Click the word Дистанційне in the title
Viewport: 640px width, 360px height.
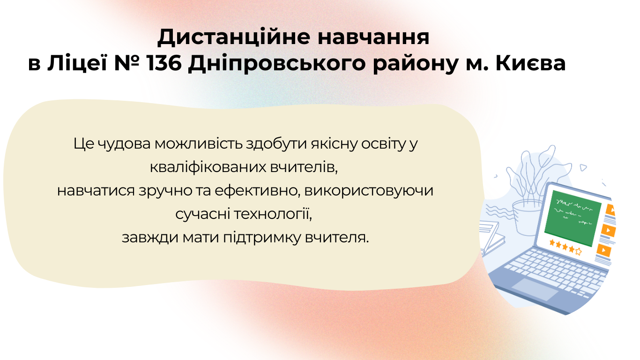233,37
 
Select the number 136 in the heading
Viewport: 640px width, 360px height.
164,63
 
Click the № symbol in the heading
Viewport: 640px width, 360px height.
127,63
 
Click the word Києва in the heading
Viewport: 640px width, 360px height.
530,63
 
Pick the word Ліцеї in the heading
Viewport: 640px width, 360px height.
77,63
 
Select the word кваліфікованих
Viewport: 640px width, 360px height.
208,167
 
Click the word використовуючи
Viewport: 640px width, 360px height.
369,191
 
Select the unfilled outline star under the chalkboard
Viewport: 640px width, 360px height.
578,252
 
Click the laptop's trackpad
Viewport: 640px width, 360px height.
535,289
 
